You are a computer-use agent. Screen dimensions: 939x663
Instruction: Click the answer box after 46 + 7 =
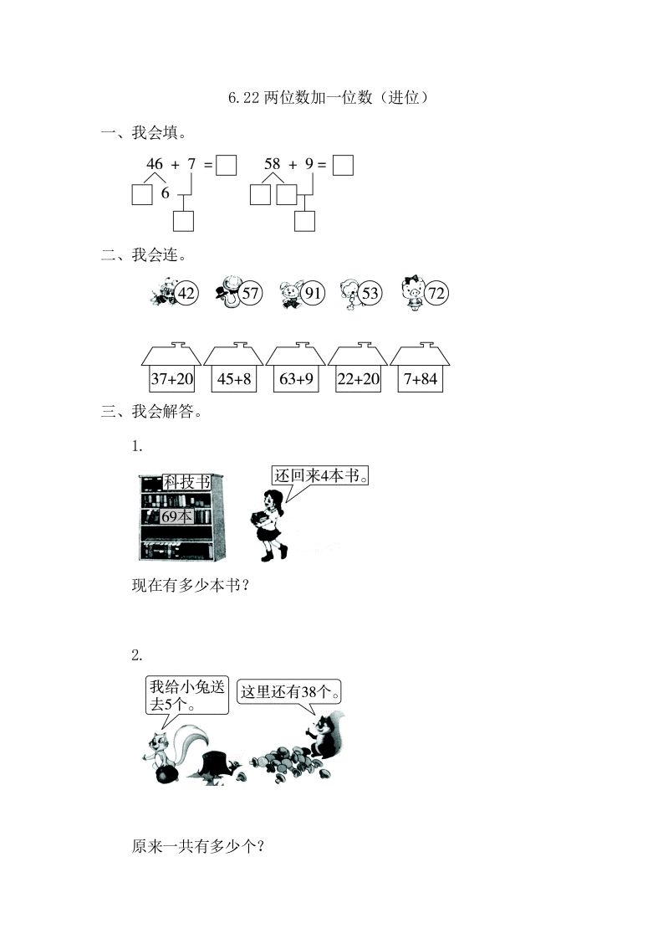226,165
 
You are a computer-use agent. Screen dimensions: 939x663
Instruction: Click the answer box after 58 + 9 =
343,165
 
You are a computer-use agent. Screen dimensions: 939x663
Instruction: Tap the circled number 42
186,293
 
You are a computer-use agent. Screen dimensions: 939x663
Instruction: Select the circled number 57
250,293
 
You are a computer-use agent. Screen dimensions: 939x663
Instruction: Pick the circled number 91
314,293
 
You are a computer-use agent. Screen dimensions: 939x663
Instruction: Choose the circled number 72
436,293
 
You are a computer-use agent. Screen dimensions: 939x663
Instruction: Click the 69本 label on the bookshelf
176,516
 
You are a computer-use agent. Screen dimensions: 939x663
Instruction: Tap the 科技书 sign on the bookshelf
186,482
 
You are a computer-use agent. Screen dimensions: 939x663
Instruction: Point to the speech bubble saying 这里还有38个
292,692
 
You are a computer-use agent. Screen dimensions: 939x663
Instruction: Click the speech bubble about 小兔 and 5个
187,695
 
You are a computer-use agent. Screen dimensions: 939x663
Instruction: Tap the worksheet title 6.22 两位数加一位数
331,98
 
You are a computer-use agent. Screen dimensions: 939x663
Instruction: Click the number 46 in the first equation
155,164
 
